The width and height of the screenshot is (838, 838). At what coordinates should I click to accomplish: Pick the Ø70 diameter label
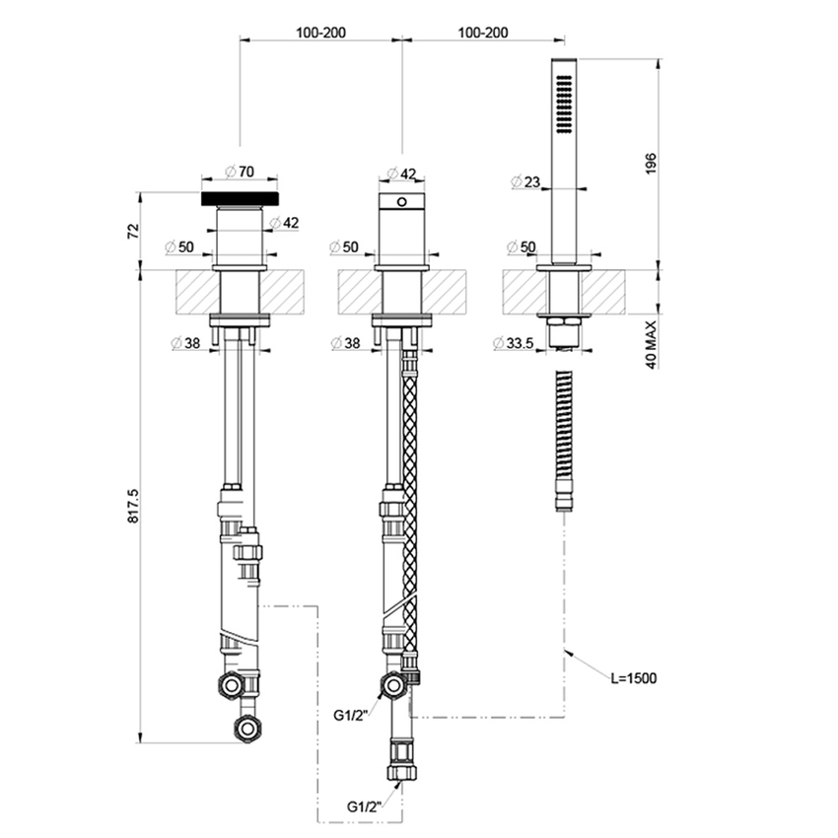tap(240, 172)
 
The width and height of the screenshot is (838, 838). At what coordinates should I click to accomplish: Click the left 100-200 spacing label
tap(320, 33)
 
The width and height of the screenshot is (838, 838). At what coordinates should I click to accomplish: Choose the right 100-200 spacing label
tap(482, 33)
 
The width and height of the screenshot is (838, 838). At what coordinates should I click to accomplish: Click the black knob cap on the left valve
tap(241, 198)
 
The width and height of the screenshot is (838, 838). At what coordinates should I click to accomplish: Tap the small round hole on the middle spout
tap(401, 203)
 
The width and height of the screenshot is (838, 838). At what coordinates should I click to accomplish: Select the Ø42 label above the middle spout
tap(401, 174)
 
